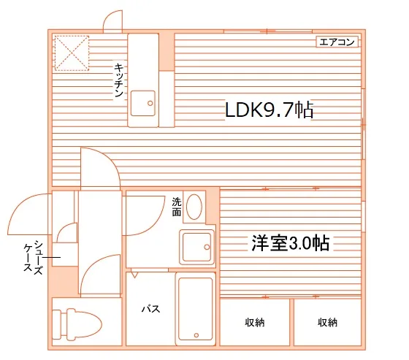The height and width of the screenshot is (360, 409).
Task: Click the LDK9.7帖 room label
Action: (x=269, y=111)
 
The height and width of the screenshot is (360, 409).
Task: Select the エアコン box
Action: (x=337, y=42)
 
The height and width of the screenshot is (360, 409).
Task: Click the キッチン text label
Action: (x=118, y=80)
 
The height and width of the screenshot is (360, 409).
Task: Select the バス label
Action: (x=150, y=309)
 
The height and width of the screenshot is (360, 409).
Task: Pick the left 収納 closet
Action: (x=254, y=322)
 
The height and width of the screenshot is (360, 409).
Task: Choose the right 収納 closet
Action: (x=327, y=322)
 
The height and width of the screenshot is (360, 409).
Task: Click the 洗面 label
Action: (x=177, y=206)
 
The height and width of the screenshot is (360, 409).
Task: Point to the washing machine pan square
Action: (x=196, y=248)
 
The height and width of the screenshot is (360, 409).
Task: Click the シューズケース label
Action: (x=33, y=256)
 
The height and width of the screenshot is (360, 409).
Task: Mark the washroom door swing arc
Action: (x=144, y=215)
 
